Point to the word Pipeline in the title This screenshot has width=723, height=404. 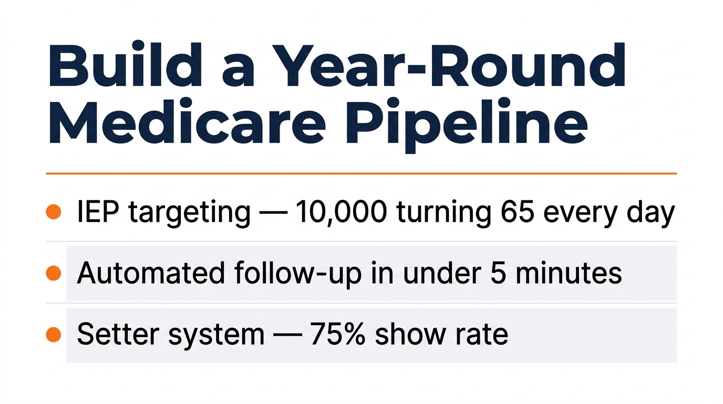click(463, 129)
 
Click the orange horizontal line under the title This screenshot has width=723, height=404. click(361, 173)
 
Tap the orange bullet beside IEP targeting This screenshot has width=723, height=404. click(54, 212)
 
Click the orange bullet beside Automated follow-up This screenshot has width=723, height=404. click(54, 273)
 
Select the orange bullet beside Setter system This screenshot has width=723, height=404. click(54, 335)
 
